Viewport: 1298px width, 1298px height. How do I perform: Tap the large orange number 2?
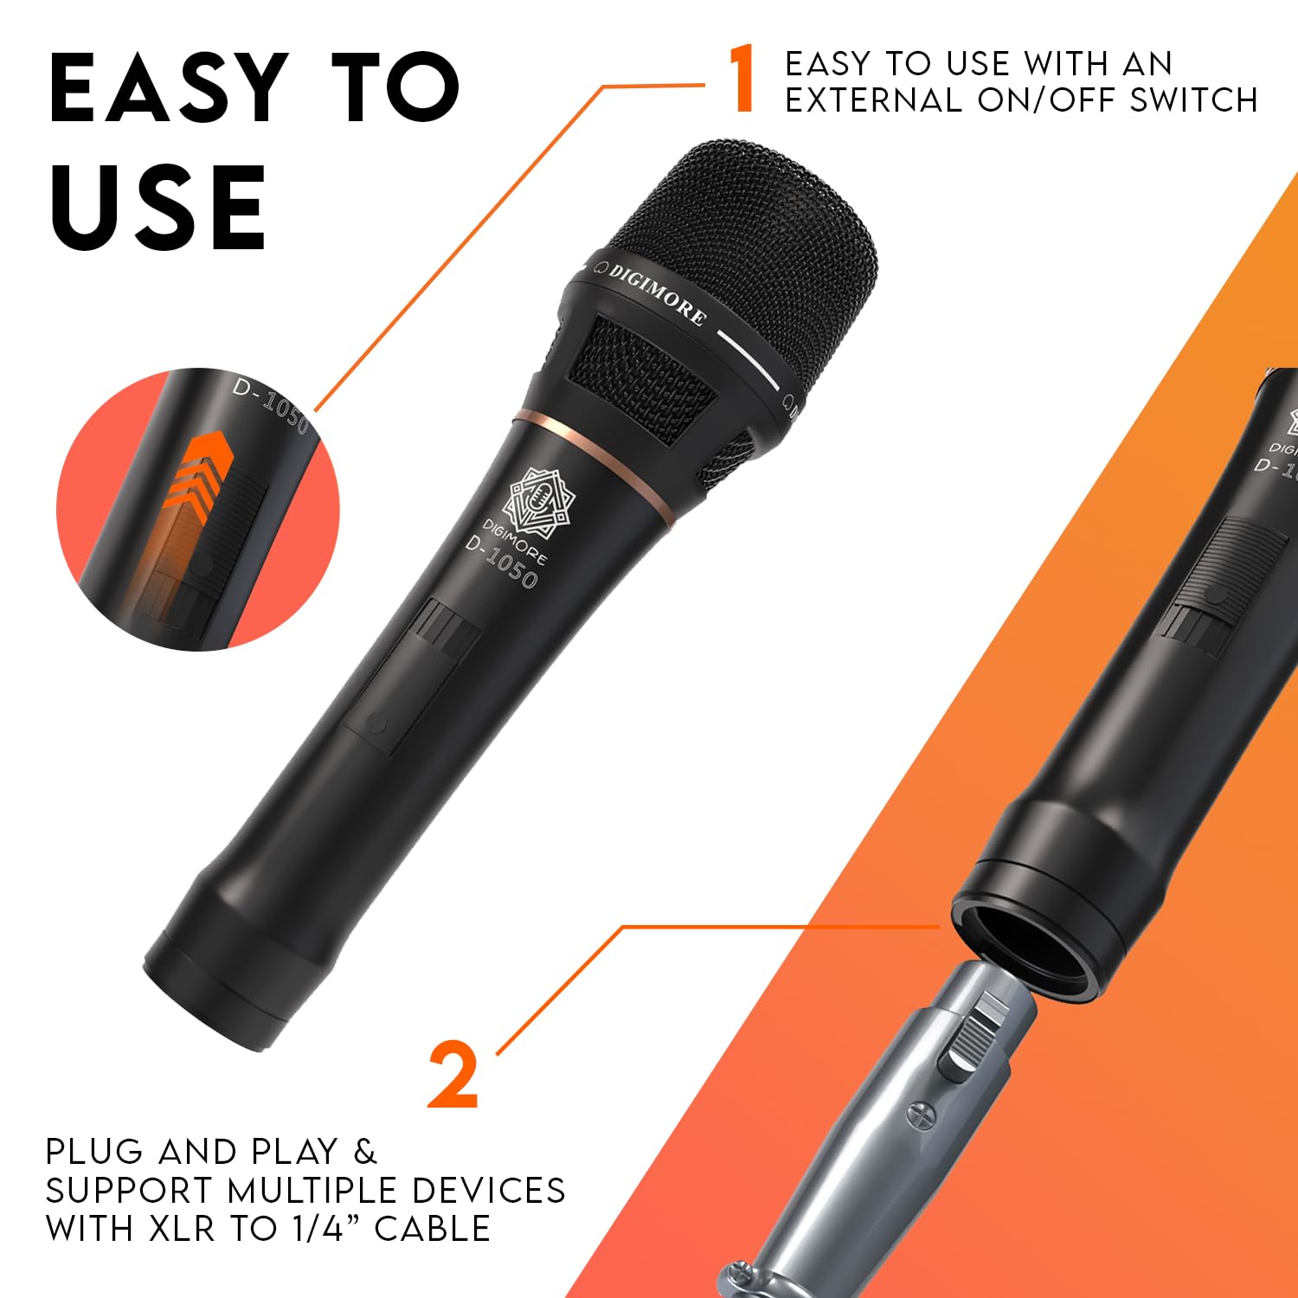[x=453, y=1076]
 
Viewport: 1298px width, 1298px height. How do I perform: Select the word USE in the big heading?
[x=158, y=208]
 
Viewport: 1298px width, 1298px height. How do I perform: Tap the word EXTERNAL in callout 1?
[x=874, y=100]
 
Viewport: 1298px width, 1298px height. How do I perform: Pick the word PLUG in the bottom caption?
[x=95, y=1152]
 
